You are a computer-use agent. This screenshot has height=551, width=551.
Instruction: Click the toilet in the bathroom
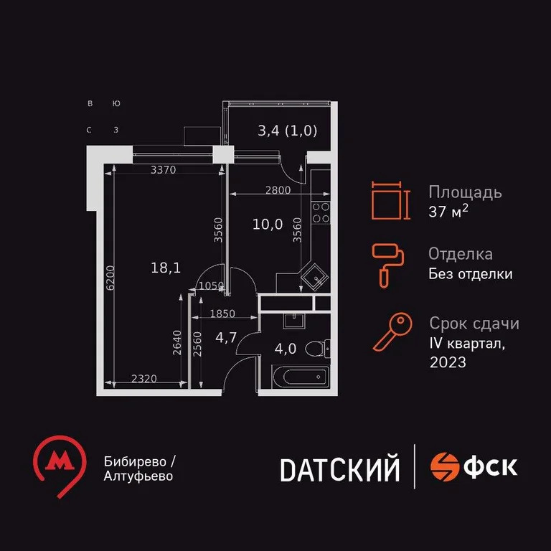316,349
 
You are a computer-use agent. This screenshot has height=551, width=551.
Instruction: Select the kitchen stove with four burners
321,213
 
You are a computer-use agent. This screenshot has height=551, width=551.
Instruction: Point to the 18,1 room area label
165,268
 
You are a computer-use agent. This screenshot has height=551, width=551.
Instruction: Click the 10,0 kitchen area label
267,224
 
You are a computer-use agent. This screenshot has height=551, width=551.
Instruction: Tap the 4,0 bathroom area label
286,351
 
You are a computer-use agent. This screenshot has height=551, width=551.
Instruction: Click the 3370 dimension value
163,170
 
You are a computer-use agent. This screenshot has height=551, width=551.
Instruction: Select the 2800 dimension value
278,190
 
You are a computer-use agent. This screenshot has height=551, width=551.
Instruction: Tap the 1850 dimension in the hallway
223,314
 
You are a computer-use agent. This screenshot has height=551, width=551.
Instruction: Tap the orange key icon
392,332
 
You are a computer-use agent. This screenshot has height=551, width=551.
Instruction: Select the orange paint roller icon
387,263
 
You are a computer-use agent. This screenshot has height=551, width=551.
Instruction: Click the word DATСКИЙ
339,469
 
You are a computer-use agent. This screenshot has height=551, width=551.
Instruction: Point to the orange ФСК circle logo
445,467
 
